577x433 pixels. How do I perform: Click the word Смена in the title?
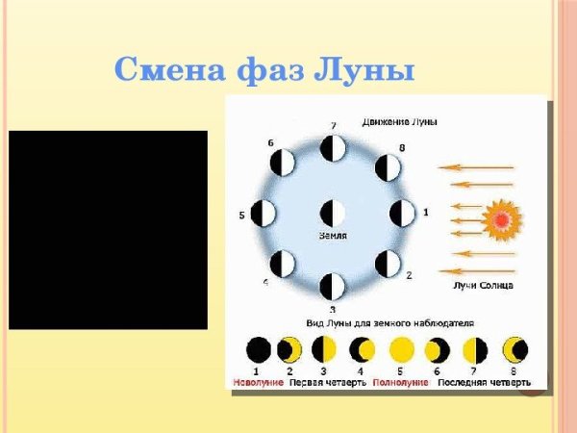(x=168, y=70)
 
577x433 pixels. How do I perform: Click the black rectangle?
(x=108, y=230)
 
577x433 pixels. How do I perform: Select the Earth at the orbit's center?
(x=333, y=213)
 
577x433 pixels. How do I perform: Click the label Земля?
(x=333, y=235)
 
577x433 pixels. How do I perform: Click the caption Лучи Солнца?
(x=482, y=285)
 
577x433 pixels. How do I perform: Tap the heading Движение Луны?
(x=400, y=122)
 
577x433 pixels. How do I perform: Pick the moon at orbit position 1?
(x=402, y=213)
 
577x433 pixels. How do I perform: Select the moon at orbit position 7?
(x=333, y=148)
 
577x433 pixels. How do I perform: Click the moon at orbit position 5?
(x=263, y=213)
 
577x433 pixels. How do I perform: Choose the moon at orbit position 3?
(x=333, y=286)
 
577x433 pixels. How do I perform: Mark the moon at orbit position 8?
(x=387, y=168)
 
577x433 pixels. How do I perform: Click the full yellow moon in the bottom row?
(x=401, y=349)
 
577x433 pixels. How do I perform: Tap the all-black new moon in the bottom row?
(x=258, y=349)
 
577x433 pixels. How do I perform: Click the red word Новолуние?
(x=258, y=382)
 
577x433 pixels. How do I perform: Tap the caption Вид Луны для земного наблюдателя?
(x=390, y=323)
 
